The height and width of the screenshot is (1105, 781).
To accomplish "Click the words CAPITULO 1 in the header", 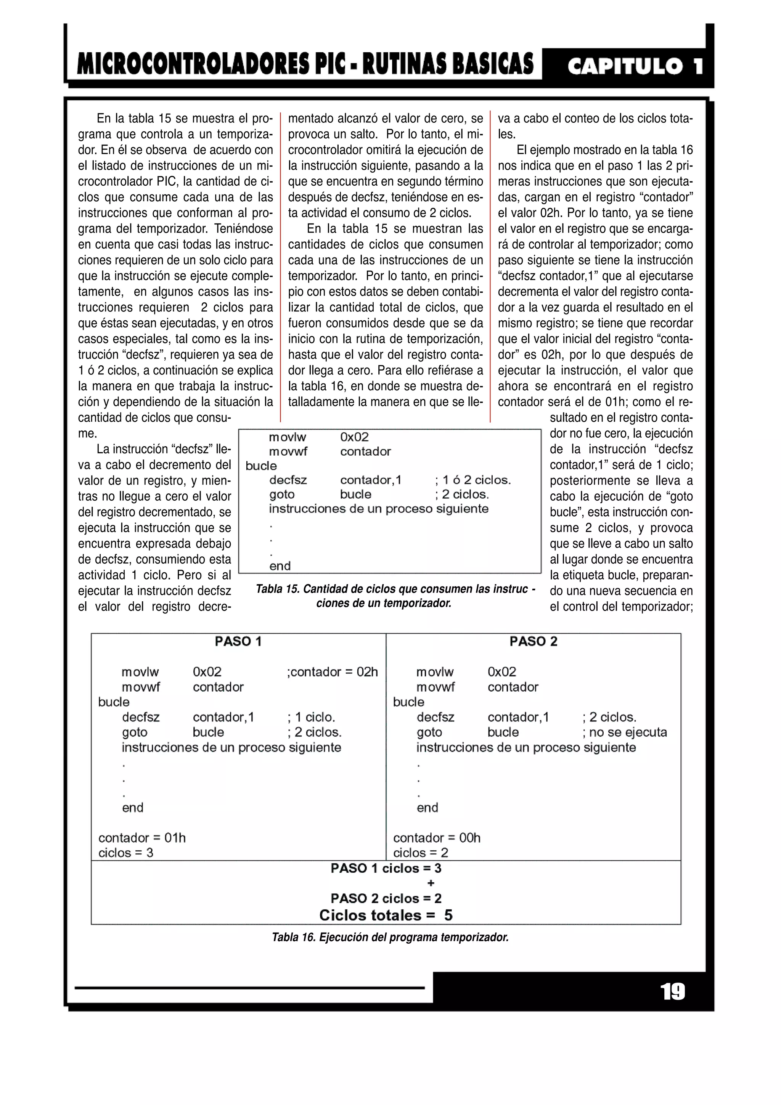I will click(x=634, y=66).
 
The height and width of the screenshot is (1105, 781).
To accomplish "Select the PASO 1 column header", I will click(x=238, y=642).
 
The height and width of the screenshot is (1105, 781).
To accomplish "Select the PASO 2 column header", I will click(x=533, y=642).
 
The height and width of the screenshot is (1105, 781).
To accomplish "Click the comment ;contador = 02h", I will click(x=333, y=672).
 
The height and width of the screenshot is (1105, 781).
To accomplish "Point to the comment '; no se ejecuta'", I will click(x=625, y=732).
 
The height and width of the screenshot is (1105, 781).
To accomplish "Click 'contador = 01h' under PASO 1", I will click(x=142, y=838).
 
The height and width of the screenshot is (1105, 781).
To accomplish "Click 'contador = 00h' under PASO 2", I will click(x=437, y=838).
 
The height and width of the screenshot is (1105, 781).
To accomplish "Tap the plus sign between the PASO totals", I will click(x=431, y=883).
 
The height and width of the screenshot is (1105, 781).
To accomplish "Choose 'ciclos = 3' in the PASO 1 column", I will click(x=125, y=853).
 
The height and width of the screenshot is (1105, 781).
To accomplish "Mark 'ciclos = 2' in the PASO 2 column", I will click(x=421, y=853).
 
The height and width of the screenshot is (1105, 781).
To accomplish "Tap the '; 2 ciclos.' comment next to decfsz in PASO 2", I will click(x=609, y=717).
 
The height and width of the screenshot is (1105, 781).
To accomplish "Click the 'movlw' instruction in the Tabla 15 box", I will click(x=287, y=437).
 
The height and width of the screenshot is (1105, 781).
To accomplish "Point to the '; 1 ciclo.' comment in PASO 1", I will click(x=311, y=717).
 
